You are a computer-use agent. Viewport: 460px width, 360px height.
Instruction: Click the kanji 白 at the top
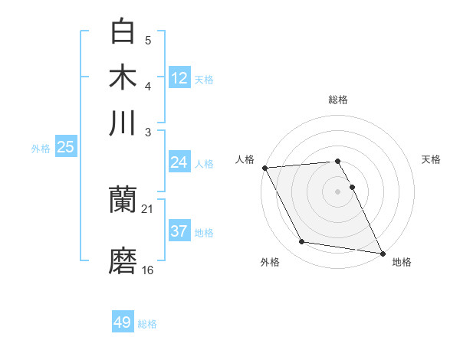click(x=123, y=32)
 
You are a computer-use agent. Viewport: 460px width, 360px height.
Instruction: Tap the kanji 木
click(x=123, y=77)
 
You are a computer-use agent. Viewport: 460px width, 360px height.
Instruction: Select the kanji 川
click(x=123, y=123)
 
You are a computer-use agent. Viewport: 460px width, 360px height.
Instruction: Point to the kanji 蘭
click(x=123, y=201)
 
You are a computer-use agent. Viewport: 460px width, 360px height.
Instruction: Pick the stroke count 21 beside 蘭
click(x=148, y=208)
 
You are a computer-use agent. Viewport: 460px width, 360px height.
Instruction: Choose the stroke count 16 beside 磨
click(x=148, y=270)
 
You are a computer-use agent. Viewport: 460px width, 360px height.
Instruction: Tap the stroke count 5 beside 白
click(x=148, y=40)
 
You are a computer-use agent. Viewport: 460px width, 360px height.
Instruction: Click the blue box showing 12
click(x=179, y=77)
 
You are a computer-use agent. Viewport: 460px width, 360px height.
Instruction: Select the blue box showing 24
click(x=179, y=162)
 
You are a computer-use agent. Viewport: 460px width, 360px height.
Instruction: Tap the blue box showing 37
click(x=179, y=231)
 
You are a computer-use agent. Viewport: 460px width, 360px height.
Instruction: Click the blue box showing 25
click(x=65, y=147)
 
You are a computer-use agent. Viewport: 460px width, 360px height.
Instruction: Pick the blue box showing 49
click(x=123, y=322)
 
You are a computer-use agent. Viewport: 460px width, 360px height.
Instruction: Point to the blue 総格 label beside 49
click(x=148, y=324)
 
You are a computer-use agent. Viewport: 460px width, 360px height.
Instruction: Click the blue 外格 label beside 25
click(x=41, y=149)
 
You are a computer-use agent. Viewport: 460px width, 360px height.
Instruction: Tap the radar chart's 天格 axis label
click(x=432, y=159)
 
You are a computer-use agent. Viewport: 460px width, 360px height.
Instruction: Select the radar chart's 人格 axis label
click(x=245, y=159)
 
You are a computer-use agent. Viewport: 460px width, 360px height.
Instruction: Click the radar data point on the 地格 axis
click(x=382, y=253)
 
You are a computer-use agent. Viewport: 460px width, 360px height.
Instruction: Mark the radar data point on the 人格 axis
click(x=264, y=168)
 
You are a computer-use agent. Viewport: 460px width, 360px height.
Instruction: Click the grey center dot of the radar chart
click(x=338, y=191)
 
